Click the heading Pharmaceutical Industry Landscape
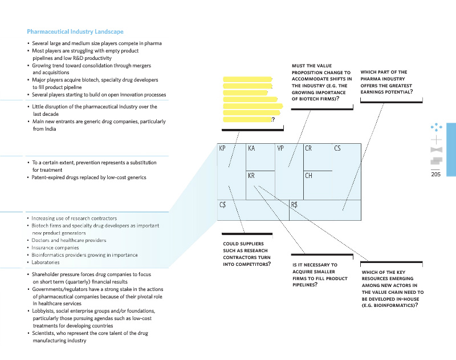pos(75,32)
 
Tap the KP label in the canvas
pos(222,148)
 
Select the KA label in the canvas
pos(251,148)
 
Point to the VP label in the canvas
pos(280,148)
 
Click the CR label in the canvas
pos(308,148)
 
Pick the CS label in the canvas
pos(337,148)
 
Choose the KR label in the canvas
pos(251,176)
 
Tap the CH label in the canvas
pos(308,176)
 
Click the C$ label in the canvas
pos(223,204)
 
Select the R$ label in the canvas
pos(295,204)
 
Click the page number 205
pos(437,175)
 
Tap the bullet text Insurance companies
pos(55,248)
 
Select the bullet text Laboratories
pos(46,262)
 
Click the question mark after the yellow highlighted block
pos(274,120)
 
